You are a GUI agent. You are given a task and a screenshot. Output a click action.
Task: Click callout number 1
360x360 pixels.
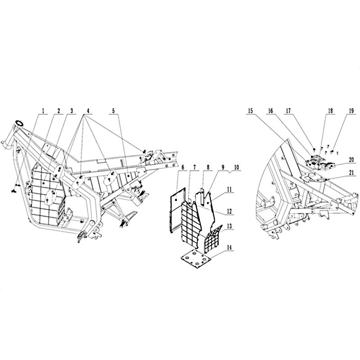click(x=43, y=111)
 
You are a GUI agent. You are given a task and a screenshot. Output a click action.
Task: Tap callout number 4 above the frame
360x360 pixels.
click(x=88, y=111)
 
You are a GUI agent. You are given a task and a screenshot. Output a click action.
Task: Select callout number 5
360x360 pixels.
click(x=113, y=111)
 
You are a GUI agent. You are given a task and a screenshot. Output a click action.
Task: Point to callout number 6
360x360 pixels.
click(x=183, y=167)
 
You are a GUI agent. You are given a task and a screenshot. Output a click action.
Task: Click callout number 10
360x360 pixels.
click(x=237, y=167)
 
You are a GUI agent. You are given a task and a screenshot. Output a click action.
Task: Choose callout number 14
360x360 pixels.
click(x=229, y=247)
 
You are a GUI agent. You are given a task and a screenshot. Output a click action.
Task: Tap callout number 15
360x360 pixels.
click(x=250, y=111)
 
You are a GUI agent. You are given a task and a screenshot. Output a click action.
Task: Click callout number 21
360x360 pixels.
click(x=351, y=173)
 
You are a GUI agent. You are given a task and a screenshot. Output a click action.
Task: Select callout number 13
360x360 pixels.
click(x=229, y=226)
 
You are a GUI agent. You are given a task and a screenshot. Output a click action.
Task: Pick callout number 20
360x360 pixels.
click(x=351, y=160)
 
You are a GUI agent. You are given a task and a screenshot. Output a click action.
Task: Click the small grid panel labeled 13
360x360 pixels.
click(x=213, y=238)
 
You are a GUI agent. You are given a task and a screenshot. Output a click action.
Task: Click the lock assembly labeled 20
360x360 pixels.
click(x=320, y=162)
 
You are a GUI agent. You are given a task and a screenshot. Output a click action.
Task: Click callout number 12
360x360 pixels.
click(x=229, y=211)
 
